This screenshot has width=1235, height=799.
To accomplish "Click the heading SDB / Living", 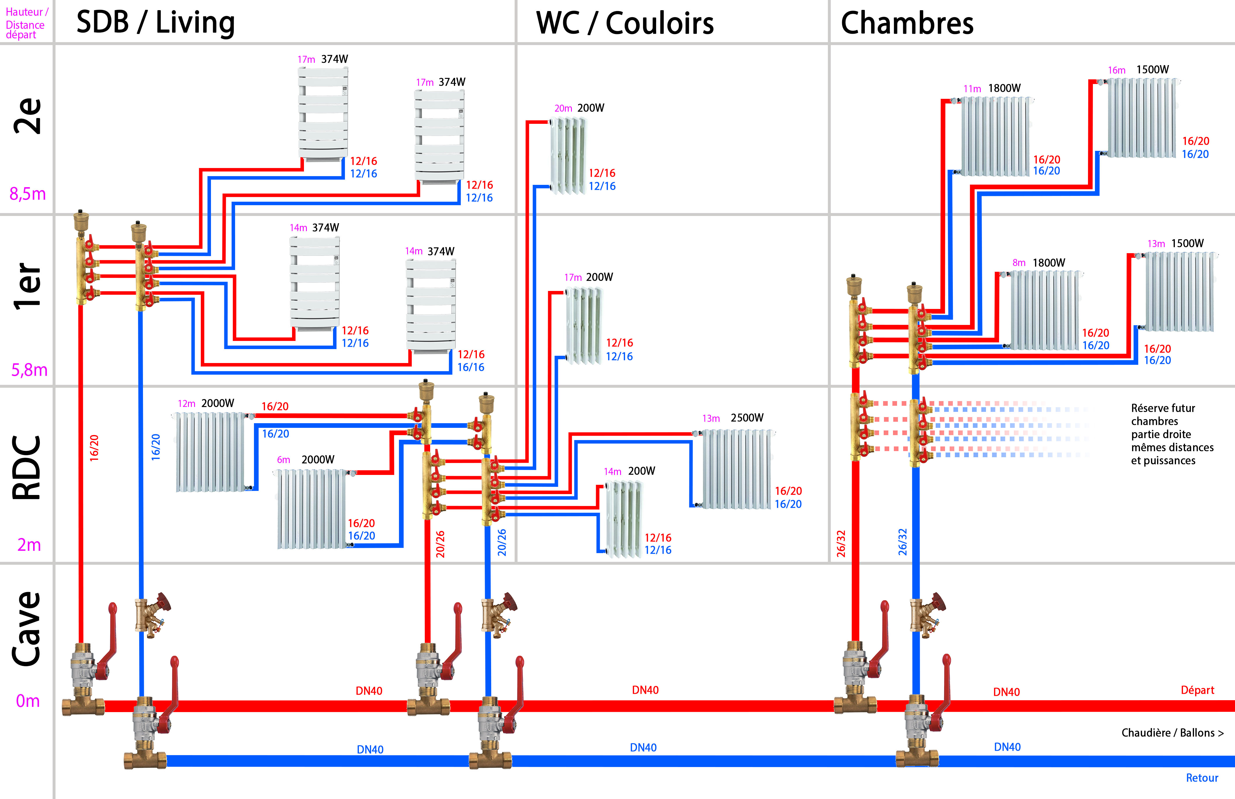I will [x=155, y=23].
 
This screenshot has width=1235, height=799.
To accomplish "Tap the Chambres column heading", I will [x=907, y=23].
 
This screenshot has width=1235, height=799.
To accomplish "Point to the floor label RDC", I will [x=27, y=467].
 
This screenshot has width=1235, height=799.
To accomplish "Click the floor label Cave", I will [x=27, y=629].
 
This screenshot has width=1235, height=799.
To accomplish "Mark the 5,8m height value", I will [x=29, y=370].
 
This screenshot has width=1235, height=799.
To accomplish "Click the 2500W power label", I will [x=747, y=418].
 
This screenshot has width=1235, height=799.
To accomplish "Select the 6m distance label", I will [x=283, y=460].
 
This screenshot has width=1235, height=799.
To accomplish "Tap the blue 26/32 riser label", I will [x=903, y=542].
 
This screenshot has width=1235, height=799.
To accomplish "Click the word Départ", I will [x=1197, y=690].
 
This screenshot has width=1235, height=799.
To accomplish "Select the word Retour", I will [x=1202, y=778].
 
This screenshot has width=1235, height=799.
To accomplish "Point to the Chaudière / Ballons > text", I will [x=1172, y=733].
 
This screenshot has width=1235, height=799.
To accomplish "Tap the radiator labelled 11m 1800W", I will [x=995, y=136].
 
